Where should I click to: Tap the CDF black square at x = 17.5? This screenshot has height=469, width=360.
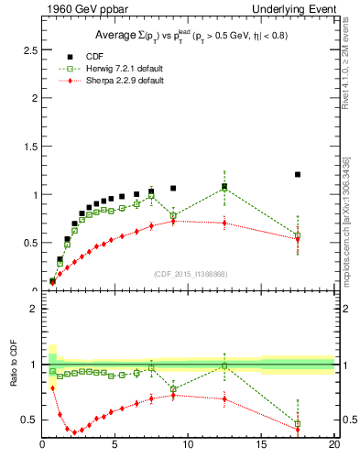tap(298, 174)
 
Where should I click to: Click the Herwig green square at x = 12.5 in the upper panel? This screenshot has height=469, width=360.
tap(224, 188)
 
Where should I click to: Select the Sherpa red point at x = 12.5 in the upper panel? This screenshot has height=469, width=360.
tap(224, 223)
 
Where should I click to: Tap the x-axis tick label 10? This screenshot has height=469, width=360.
tap(189, 445)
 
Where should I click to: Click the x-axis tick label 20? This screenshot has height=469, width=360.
tap(333, 445)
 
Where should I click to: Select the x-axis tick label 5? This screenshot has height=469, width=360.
tap(115, 445)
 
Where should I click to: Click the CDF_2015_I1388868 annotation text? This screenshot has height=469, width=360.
tap(190, 273)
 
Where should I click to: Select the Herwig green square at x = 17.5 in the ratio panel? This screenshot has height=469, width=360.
tap(298, 423)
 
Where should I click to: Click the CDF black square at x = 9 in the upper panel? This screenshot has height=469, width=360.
tap(173, 188)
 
